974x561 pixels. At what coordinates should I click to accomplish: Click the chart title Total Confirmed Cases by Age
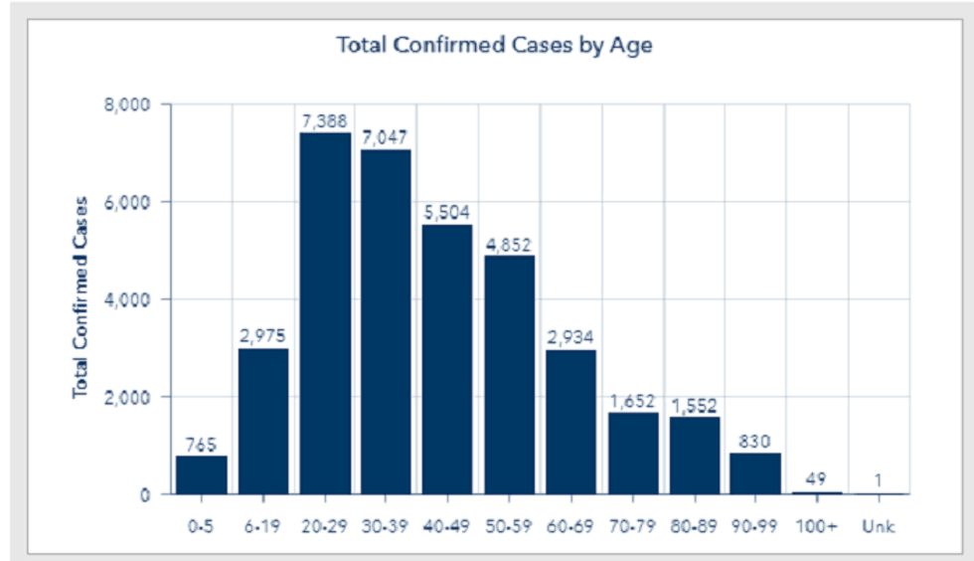click(494, 46)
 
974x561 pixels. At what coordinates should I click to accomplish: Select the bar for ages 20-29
click(325, 312)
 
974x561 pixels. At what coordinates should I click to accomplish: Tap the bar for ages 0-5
click(202, 474)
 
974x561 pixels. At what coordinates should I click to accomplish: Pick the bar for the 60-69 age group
click(571, 422)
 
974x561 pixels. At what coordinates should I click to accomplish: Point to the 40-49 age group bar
click(448, 359)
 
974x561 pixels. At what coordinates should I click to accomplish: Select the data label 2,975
click(263, 334)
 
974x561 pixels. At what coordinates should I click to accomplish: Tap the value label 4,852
click(510, 242)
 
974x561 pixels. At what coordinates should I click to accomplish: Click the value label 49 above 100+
click(817, 476)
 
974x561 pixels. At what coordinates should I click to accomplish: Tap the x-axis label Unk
click(879, 527)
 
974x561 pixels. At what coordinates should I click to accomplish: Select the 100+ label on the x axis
click(817, 527)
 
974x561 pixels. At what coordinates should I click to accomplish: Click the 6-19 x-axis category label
click(263, 527)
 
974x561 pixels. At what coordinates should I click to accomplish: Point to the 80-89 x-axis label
click(695, 527)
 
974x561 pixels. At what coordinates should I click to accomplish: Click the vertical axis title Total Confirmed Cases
click(81, 297)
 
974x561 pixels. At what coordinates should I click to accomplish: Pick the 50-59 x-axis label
click(510, 527)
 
